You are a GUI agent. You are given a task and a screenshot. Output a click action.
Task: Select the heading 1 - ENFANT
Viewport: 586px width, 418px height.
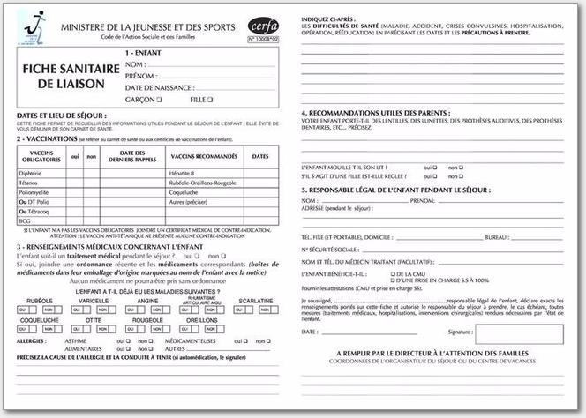tap(206, 54)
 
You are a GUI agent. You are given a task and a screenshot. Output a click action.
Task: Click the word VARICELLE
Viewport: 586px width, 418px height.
tap(94, 300)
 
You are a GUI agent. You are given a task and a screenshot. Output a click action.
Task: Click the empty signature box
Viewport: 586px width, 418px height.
tap(519, 333)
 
